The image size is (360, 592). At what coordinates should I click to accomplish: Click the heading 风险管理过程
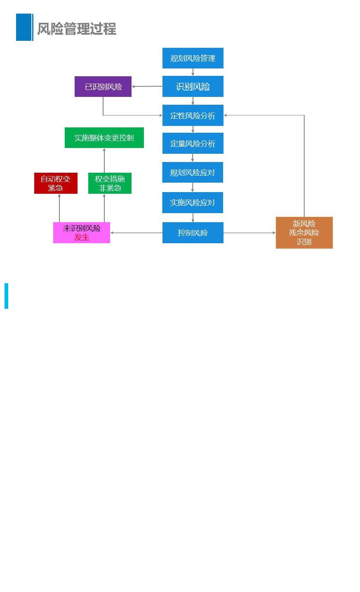click(x=77, y=29)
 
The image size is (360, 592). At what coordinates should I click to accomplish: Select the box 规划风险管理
click(x=193, y=58)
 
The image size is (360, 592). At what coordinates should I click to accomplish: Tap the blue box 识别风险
click(x=193, y=87)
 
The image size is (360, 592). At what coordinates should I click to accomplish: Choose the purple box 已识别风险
click(x=103, y=87)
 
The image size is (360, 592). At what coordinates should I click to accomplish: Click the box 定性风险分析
click(x=193, y=115)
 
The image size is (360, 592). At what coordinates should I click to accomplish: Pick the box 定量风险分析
click(x=193, y=143)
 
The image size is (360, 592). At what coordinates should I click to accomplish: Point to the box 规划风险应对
click(x=193, y=172)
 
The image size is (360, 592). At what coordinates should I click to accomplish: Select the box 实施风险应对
click(x=193, y=202)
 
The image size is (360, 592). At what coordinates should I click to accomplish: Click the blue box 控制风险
click(x=193, y=233)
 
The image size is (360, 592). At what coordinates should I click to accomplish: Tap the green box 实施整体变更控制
click(x=104, y=138)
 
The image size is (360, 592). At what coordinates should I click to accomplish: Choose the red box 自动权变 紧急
click(x=56, y=183)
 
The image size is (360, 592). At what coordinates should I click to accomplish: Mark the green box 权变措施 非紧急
click(x=110, y=183)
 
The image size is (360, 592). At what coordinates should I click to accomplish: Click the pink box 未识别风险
click(x=81, y=228)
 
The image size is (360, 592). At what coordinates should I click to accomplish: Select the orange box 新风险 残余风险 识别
click(x=304, y=233)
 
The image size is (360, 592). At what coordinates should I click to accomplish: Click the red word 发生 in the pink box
click(x=82, y=237)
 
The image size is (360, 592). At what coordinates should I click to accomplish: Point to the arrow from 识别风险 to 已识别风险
click(x=147, y=87)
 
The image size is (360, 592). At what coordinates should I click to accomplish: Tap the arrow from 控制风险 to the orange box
click(x=249, y=233)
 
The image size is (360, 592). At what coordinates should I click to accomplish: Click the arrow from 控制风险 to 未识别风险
click(x=136, y=233)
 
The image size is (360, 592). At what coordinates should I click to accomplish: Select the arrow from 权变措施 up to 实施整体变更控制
click(x=104, y=160)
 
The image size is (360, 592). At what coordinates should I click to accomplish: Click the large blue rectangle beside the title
click(x=24, y=27)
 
